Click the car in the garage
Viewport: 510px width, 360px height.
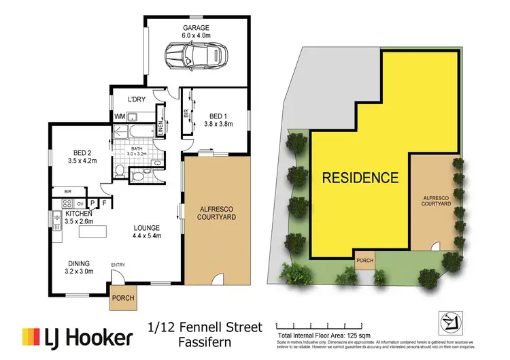[197, 54]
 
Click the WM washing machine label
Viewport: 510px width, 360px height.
[119, 117]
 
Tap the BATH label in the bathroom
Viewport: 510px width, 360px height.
[137, 148]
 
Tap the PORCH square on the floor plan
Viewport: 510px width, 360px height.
[123, 297]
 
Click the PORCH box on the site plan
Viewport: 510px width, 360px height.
[364, 259]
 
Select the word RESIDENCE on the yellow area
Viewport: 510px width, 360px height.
[360, 178]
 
